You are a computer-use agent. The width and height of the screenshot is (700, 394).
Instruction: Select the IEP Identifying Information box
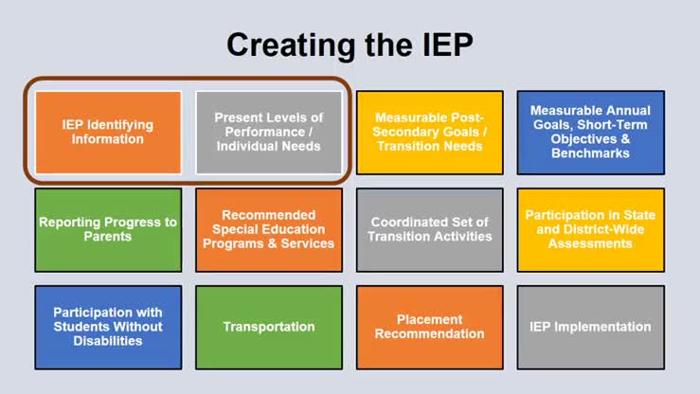[107, 132]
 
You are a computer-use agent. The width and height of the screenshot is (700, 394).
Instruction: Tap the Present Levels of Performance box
[268, 132]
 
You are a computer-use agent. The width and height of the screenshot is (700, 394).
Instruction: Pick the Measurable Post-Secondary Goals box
[429, 132]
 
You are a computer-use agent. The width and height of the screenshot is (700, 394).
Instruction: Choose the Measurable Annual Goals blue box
[590, 132]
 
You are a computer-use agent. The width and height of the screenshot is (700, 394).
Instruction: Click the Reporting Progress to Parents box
[107, 229]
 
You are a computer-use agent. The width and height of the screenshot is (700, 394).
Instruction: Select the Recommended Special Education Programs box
[268, 229]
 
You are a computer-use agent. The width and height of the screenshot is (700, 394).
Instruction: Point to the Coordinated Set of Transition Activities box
[429, 229]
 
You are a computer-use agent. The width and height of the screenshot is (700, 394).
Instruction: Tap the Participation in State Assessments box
[590, 229]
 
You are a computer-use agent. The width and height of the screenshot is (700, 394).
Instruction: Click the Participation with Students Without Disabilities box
[107, 327]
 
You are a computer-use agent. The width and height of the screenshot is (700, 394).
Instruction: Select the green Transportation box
[268, 327]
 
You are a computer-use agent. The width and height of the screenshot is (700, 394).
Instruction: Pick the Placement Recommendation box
[429, 327]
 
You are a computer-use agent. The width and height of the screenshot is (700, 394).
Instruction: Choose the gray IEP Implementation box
[590, 327]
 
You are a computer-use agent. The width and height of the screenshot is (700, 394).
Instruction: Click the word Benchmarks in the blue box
[590, 152]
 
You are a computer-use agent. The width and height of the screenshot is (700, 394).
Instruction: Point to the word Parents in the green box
[107, 236]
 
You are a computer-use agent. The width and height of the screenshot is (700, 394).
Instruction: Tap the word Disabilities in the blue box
[107, 341]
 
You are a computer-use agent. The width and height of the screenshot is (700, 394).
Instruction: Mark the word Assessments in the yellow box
[590, 243]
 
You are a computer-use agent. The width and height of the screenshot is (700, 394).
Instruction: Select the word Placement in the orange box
[429, 319]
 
